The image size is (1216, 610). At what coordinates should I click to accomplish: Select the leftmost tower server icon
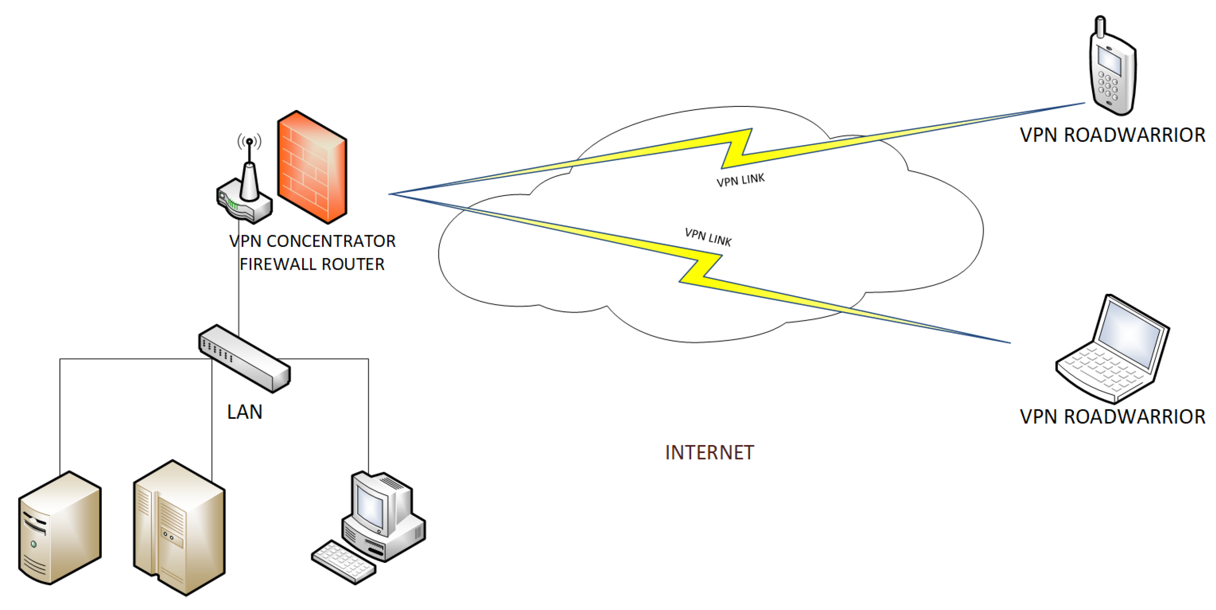click(60, 528)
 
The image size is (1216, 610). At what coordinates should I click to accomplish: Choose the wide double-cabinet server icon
click(179, 528)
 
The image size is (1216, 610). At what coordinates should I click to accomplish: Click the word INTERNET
click(709, 453)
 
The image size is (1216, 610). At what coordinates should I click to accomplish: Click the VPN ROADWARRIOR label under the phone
click(1112, 135)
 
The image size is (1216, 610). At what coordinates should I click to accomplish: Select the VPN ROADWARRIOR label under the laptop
click(1112, 417)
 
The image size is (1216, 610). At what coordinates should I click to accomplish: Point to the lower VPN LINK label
click(708, 237)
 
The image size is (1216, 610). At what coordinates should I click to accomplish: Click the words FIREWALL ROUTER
click(312, 264)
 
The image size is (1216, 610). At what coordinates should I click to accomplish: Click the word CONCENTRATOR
click(330, 241)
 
